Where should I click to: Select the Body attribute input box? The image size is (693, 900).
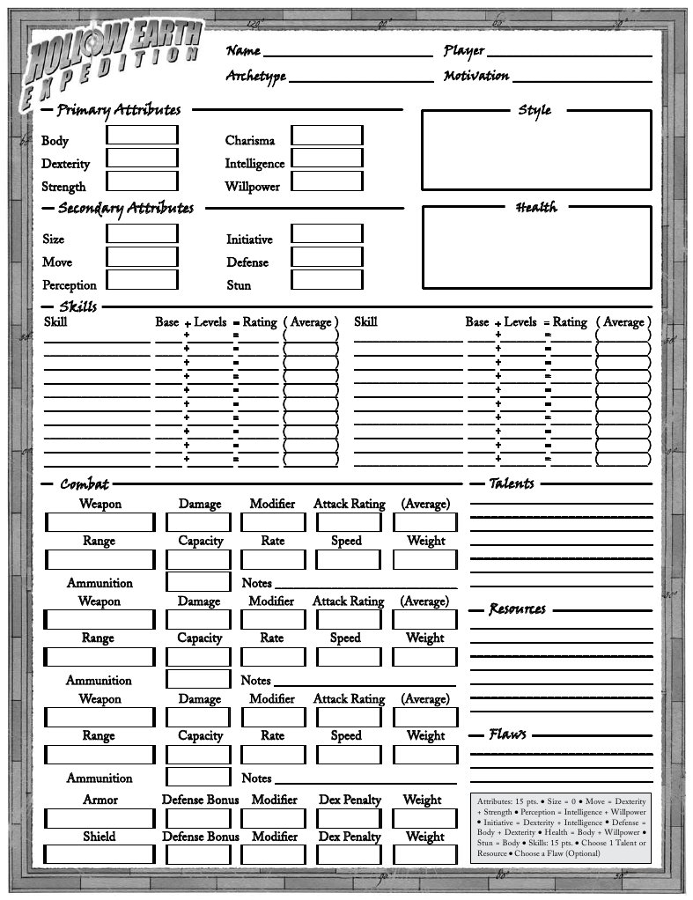coord(142,136)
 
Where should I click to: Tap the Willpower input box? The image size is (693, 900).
coord(327,181)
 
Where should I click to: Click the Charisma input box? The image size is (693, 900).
coord(327,136)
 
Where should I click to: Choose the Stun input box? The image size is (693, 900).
coord(327,280)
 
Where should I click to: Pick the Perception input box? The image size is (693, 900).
coord(142,280)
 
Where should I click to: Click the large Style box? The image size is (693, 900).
coord(536,150)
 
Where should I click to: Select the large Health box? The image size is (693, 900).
coord(536,247)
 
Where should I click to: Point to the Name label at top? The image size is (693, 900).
coord(243,51)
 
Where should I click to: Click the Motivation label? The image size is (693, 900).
coord(476,76)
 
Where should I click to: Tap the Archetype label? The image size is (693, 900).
coord(256,77)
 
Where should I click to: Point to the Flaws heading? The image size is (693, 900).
coord(508,734)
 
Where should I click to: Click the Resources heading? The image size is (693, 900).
coord(517,609)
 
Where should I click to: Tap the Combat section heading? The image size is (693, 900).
coord(85,483)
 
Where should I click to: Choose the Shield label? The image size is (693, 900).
coord(100,837)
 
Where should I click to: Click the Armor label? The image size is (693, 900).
coord(100,800)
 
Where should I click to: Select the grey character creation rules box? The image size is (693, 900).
coord(562,827)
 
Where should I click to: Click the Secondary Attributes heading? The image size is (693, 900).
coord(125,209)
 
